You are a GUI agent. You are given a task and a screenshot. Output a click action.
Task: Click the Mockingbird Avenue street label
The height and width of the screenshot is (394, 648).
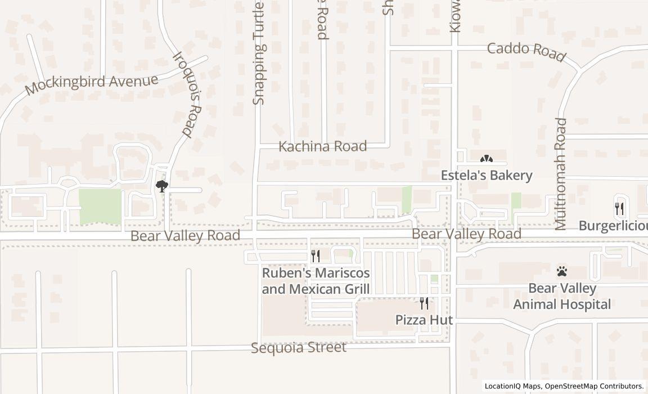pos(92,84)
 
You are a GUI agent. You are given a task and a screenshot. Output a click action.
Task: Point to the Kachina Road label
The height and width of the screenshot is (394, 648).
pos(323,146)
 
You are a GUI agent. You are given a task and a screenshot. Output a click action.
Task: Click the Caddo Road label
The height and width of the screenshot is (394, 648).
pos(526,51)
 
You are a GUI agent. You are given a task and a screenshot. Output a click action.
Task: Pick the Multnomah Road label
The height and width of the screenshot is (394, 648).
pos(561,174)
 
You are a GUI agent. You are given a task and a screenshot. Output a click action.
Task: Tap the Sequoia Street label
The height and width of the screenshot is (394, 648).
pos(299,347)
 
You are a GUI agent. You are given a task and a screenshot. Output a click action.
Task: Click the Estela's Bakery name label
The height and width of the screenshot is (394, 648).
pos(486,175)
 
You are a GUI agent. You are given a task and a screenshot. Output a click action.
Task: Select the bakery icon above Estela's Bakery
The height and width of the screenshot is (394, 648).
pos(487,160)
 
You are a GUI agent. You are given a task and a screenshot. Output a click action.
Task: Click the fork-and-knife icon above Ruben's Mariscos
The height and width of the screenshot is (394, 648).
pos(316,256)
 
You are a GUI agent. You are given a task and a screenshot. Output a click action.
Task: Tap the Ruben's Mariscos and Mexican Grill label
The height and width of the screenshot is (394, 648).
pos(316,281)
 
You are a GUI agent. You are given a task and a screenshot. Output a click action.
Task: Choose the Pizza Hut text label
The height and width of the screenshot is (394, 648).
pos(424,320)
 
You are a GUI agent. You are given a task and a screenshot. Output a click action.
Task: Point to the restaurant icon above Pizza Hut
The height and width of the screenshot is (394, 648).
pos(424,303)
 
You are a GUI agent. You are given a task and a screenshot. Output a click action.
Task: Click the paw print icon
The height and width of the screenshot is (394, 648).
pos(561,271)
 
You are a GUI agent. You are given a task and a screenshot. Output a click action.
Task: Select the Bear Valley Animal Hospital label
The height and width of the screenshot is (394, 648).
pos(562,297)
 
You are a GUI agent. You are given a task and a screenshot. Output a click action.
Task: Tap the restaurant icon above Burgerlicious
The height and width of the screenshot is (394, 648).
pos(619,208)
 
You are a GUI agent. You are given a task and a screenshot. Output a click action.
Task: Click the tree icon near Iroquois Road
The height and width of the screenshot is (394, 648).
pos(162,186)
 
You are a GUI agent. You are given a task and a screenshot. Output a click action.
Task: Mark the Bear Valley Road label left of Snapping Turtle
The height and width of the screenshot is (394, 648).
pos(185,235)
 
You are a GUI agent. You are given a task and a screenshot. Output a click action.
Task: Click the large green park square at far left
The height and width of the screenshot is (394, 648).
pos(100,205)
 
